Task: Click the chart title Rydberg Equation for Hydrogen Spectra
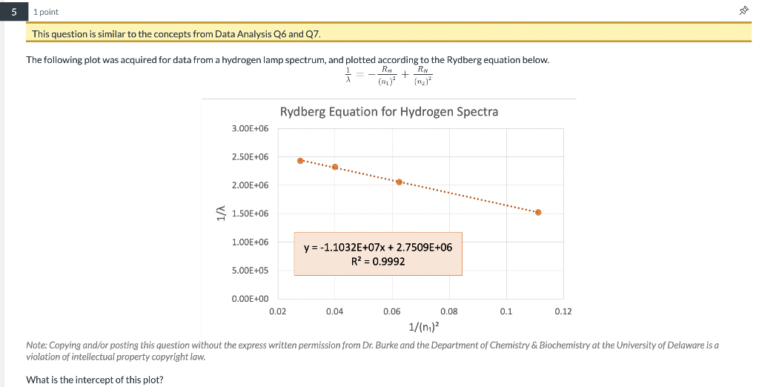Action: click(x=389, y=112)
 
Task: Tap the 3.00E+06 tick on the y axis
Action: click(x=251, y=129)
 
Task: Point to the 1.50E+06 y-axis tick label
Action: click(x=251, y=214)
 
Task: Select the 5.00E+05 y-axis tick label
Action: click(x=251, y=271)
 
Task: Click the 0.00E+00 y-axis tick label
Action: click(x=251, y=299)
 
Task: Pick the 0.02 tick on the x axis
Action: click(x=277, y=311)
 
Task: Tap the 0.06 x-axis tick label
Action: click(x=392, y=311)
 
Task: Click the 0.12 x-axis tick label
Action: click(x=563, y=311)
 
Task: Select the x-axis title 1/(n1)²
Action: click(x=423, y=326)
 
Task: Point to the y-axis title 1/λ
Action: click(x=219, y=214)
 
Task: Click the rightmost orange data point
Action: click(x=538, y=212)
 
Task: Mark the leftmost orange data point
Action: click(x=300, y=160)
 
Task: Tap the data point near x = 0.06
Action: click(x=400, y=182)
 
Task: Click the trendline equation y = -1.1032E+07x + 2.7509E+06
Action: click(x=378, y=247)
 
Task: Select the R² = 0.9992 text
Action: click(x=378, y=261)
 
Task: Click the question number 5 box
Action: click(x=12, y=12)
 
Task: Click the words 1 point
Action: click(x=46, y=12)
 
